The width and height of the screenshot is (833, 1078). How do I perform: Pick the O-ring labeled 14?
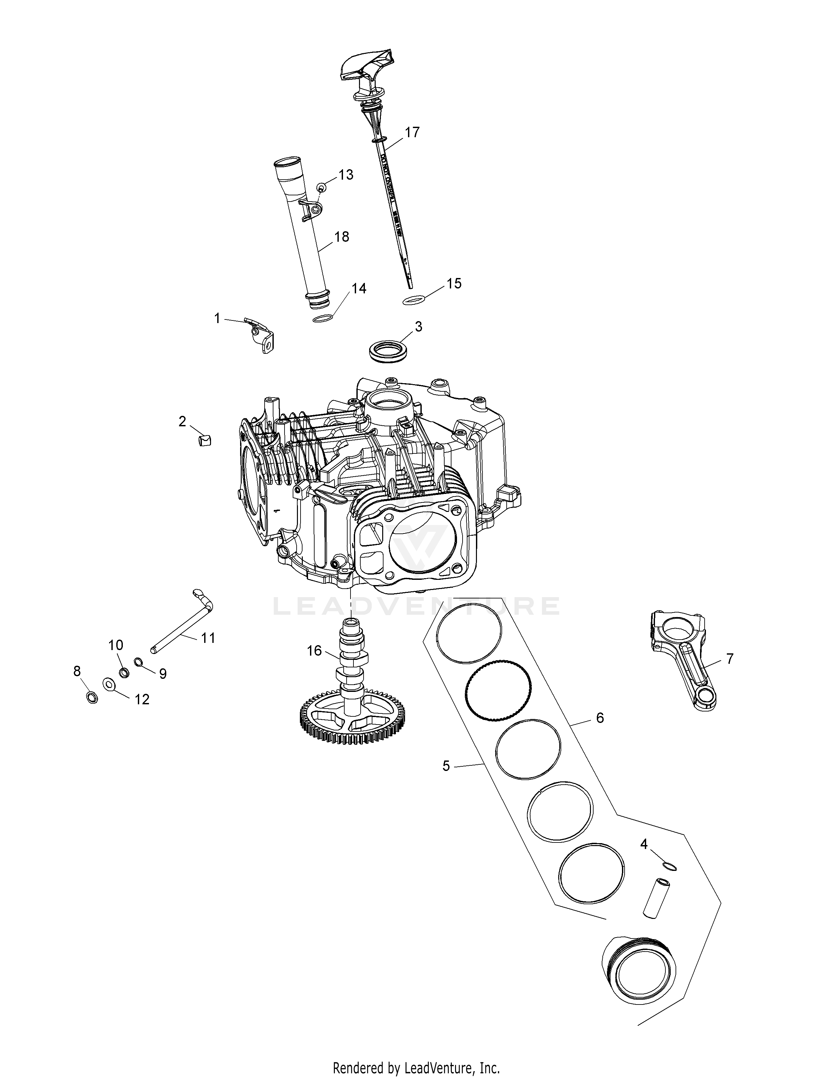pyautogui.click(x=322, y=319)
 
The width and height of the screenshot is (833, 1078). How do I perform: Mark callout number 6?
pyautogui.click(x=599, y=717)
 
